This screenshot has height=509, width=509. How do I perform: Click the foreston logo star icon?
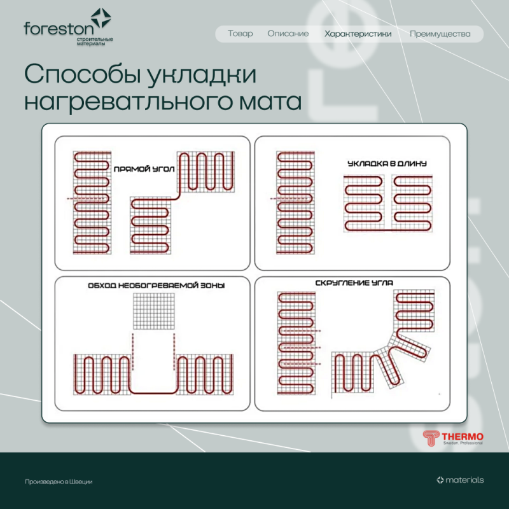pyautogui.click(x=100, y=18)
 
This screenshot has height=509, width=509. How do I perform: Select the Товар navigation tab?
pyautogui.click(x=240, y=34)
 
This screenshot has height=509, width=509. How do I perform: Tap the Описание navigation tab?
pyautogui.click(x=288, y=34)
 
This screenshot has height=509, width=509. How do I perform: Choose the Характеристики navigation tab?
pyautogui.click(x=358, y=34)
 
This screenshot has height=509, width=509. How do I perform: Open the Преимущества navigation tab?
pyautogui.click(x=440, y=34)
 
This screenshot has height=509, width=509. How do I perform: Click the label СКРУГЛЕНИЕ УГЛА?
pyautogui.click(x=354, y=282)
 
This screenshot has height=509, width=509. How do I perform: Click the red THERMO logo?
pyautogui.click(x=453, y=438)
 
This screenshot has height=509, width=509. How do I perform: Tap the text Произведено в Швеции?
pyautogui.click(x=59, y=482)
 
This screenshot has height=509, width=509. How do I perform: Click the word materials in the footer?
pyautogui.click(x=464, y=480)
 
